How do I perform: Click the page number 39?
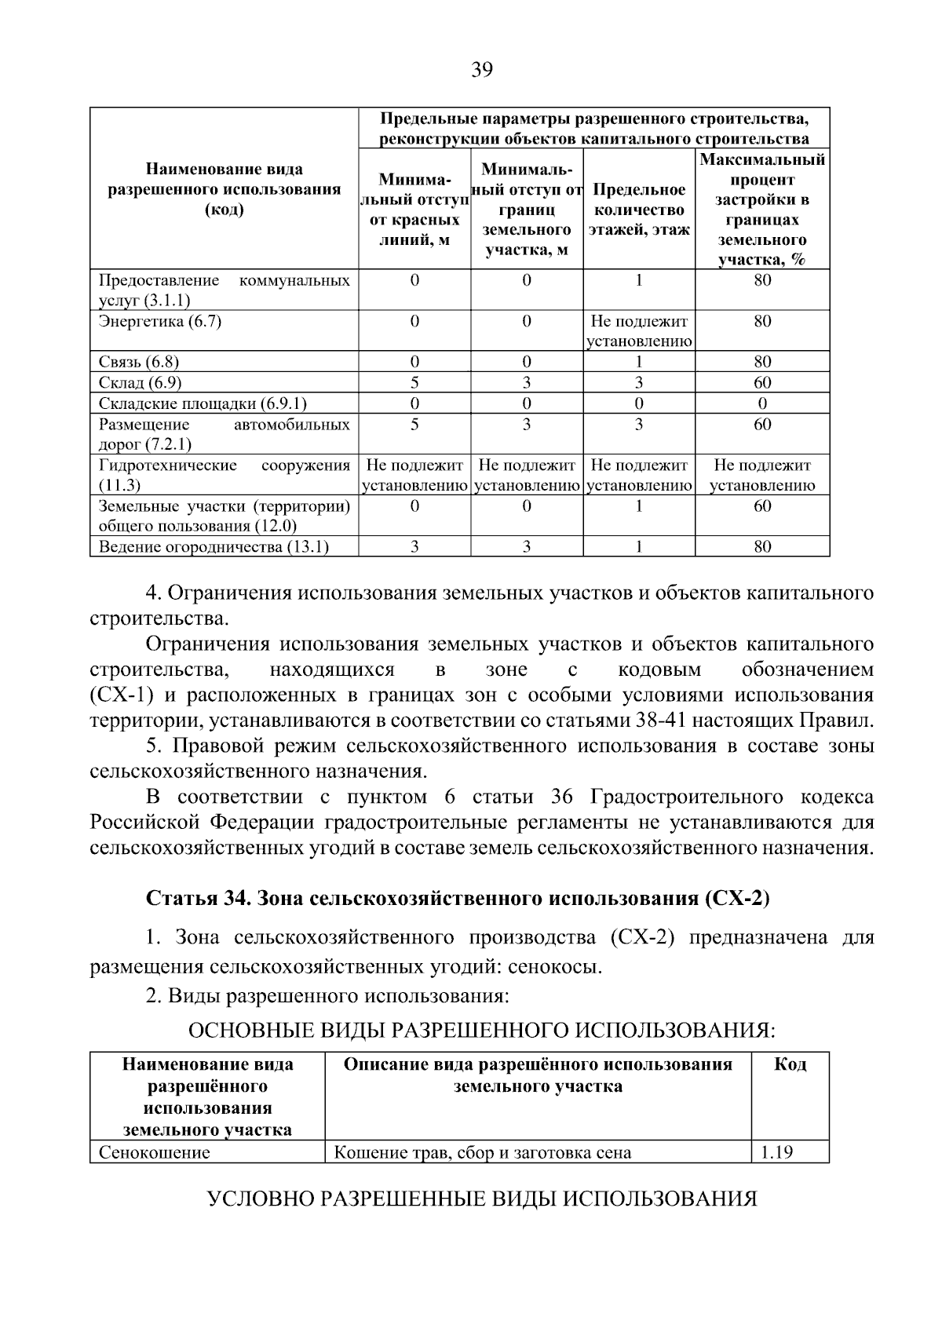481,71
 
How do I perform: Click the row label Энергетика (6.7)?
160,321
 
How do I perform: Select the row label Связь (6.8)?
139,362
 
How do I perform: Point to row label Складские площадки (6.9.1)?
203,403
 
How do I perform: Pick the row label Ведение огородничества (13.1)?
214,546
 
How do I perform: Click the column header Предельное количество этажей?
639,210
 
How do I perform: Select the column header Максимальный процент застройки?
762,210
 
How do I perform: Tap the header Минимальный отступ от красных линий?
414,210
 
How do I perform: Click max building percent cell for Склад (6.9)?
762,382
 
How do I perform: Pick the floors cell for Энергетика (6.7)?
639,330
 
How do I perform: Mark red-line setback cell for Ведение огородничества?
414,546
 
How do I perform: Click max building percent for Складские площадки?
762,403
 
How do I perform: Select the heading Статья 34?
458,899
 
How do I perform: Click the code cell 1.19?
777,1152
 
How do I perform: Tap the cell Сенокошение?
155,1152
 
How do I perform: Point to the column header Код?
790,1064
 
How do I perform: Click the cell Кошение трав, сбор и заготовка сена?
483,1152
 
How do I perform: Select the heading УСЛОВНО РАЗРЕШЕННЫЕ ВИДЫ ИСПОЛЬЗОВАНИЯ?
481,1199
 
